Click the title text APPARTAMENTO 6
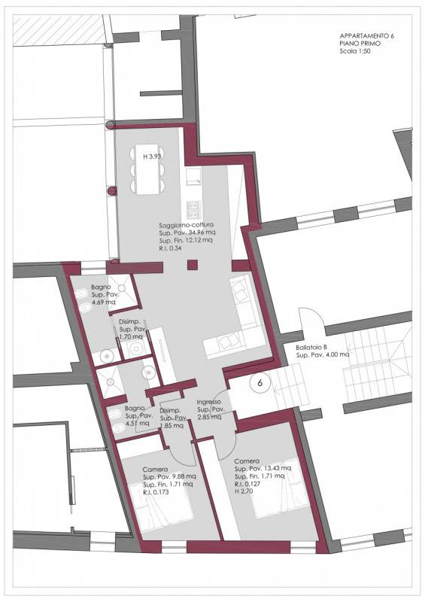pos(366,35)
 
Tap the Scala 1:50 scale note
pos(355,51)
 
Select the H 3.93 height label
pos(152,157)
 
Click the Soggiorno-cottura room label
pos(187,225)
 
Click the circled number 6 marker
pos(260,383)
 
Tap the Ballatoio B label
pos(311,348)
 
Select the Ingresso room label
pos(209,402)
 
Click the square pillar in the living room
pos(193,265)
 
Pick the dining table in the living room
pos(147,169)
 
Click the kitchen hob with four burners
pos(193,210)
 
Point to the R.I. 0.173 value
pos(156,492)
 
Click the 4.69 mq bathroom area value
pos(103,303)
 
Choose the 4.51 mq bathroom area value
pos(138,424)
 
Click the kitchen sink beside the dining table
pos(193,176)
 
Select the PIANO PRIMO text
pos(360,44)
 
